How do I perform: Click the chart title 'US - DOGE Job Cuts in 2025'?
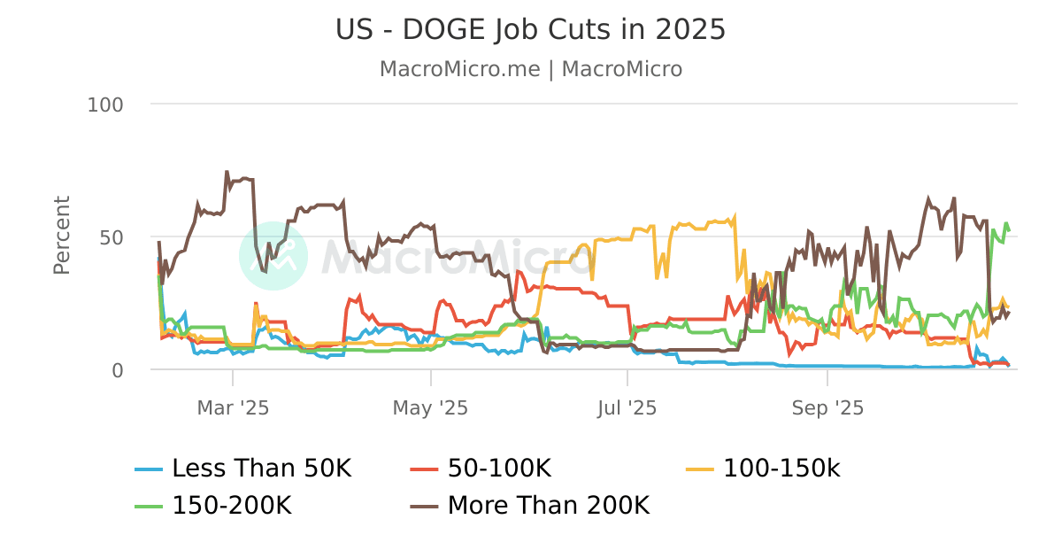tap(530, 30)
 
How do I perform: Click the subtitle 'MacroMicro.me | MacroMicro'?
tap(530, 69)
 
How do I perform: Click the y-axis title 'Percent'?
tap(61, 236)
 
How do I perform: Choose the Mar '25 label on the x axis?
tap(233, 407)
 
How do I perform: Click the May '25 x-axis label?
tap(430, 407)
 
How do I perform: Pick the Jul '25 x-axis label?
tap(627, 407)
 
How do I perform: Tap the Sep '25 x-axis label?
tap(827, 407)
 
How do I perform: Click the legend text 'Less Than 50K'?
tap(261, 468)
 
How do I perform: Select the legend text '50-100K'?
tap(500, 468)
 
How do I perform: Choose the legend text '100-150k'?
tap(781, 468)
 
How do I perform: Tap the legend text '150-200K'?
tap(232, 506)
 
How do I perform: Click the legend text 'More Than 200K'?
tap(549, 506)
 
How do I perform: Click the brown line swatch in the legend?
tap(425, 507)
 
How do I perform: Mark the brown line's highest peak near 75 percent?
tap(227, 172)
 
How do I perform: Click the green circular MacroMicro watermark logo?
tap(273, 256)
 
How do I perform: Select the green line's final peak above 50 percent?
tap(1005, 223)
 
